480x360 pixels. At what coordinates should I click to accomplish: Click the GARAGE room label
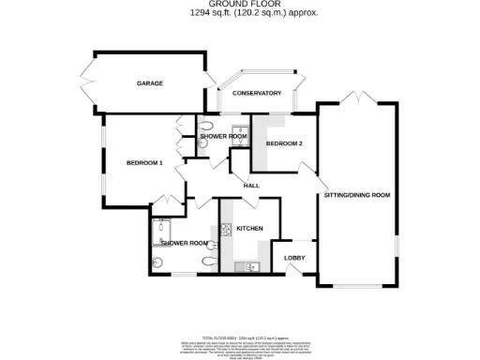click(150, 83)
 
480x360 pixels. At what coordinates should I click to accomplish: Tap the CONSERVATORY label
click(257, 93)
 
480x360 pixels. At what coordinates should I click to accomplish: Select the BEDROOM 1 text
click(145, 163)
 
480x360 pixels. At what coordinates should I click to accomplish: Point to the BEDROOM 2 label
click(283, 143)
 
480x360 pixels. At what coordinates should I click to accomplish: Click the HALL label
click(251, 185)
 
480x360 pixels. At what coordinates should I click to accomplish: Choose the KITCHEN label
click(249, 229)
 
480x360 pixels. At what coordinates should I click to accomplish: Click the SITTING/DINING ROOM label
click(356, 195)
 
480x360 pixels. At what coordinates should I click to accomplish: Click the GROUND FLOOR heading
click(240, 5)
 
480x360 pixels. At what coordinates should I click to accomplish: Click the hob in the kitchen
click(226, 229)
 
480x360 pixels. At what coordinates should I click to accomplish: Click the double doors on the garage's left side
click(86, 83)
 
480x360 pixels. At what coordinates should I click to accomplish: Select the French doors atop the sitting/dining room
click(357, 98)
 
